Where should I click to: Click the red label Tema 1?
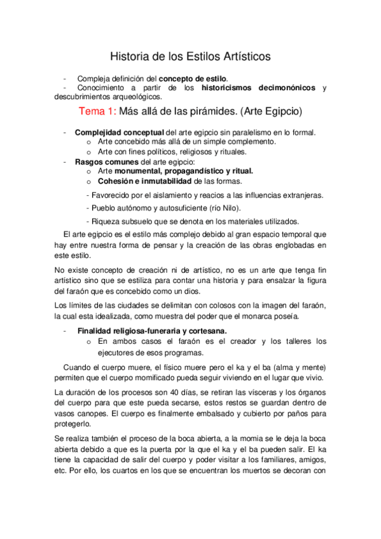click(98, 112)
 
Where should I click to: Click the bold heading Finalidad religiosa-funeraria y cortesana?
click(152, 331)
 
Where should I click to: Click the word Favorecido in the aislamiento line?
click(112, 194)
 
